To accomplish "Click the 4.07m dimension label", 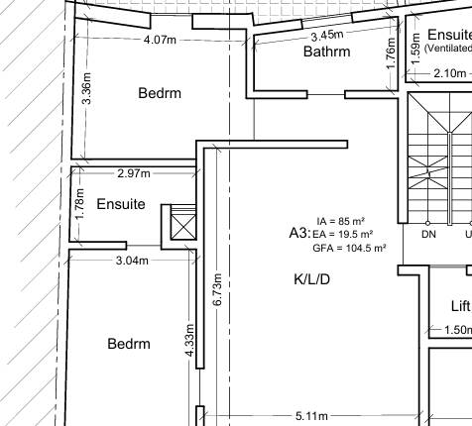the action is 160,40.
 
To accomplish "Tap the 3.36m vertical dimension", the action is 87,88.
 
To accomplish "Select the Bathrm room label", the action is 327,52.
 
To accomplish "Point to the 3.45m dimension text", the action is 327,36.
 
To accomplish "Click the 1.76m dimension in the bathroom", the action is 391,53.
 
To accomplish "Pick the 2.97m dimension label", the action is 134,173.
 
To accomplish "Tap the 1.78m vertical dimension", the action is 79,204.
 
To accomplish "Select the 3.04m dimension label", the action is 132,261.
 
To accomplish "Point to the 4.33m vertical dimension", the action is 189,340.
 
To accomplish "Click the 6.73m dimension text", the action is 217,289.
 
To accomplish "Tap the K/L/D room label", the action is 311,279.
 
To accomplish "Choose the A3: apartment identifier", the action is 299,233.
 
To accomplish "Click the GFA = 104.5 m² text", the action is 350,248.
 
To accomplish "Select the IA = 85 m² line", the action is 341,221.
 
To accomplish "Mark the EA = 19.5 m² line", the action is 343,234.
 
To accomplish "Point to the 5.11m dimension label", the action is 311,416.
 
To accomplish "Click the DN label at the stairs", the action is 428,235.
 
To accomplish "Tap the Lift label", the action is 460,306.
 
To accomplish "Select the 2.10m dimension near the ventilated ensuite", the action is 450,73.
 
